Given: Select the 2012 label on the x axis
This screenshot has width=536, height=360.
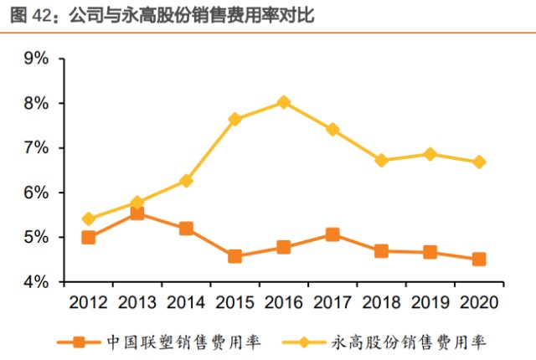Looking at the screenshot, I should pos(88,302).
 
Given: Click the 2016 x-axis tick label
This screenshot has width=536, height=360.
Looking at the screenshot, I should pos(283,302).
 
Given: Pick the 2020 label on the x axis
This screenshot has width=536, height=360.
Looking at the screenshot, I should pos(478,302).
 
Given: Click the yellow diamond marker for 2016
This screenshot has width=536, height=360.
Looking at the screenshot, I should pos(283,102).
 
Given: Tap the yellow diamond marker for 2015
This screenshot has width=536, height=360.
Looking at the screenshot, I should pos(234,120).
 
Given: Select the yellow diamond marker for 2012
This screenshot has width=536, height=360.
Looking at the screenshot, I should pos(88,219).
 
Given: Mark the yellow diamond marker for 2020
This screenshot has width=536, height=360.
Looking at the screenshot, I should pos(479,162).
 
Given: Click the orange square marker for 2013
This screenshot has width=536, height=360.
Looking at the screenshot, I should pos(137,213).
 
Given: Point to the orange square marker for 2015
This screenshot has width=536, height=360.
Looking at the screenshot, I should pos(234,256).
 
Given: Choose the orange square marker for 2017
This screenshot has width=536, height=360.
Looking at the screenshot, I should pos(332,234).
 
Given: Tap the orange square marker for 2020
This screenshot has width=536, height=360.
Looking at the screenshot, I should pos(479,260).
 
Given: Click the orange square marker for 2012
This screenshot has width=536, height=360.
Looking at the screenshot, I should pos(88,238).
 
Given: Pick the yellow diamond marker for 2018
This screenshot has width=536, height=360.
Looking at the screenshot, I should pos(381,161).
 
